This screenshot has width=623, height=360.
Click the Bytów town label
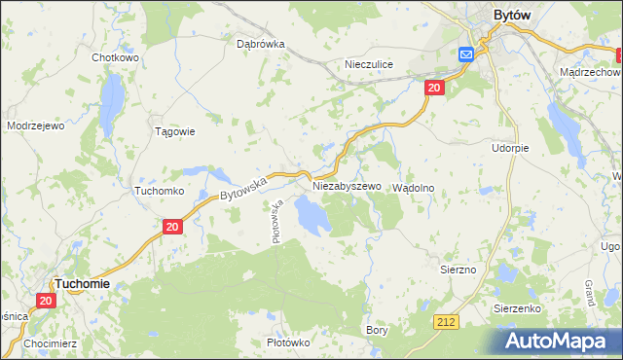[x=512, y=16]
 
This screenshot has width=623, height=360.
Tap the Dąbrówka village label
[x=260, y=44]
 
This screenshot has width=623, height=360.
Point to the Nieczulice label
[x=369, y=64]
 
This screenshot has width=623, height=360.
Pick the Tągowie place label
[x=176, y=131]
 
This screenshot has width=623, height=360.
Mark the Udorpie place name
[x=510, y=148]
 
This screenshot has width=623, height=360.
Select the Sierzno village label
[x=458, y=269]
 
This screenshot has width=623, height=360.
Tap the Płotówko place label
[x=288, y=342]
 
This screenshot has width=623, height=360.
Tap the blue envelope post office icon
[x=466, y=54]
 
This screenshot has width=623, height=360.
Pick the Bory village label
[x=377, y=331]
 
